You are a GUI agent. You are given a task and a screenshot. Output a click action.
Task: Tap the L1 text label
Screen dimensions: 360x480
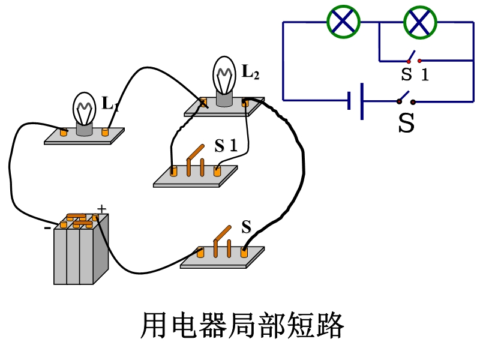click(110, 103)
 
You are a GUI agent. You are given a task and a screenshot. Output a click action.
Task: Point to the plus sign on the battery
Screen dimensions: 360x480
click(101, 209)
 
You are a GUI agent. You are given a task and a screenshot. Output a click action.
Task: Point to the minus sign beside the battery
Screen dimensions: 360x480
click(47, 227)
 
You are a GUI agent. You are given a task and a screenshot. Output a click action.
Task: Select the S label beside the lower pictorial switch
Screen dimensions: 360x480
click(246, 227)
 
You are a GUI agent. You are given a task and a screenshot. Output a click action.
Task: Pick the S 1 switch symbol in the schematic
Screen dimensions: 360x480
click(413, 59)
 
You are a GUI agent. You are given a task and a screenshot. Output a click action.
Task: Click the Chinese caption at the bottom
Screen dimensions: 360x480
click(242, 326)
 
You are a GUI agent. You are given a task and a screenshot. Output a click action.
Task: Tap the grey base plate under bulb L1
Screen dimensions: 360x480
click(84, 137)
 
